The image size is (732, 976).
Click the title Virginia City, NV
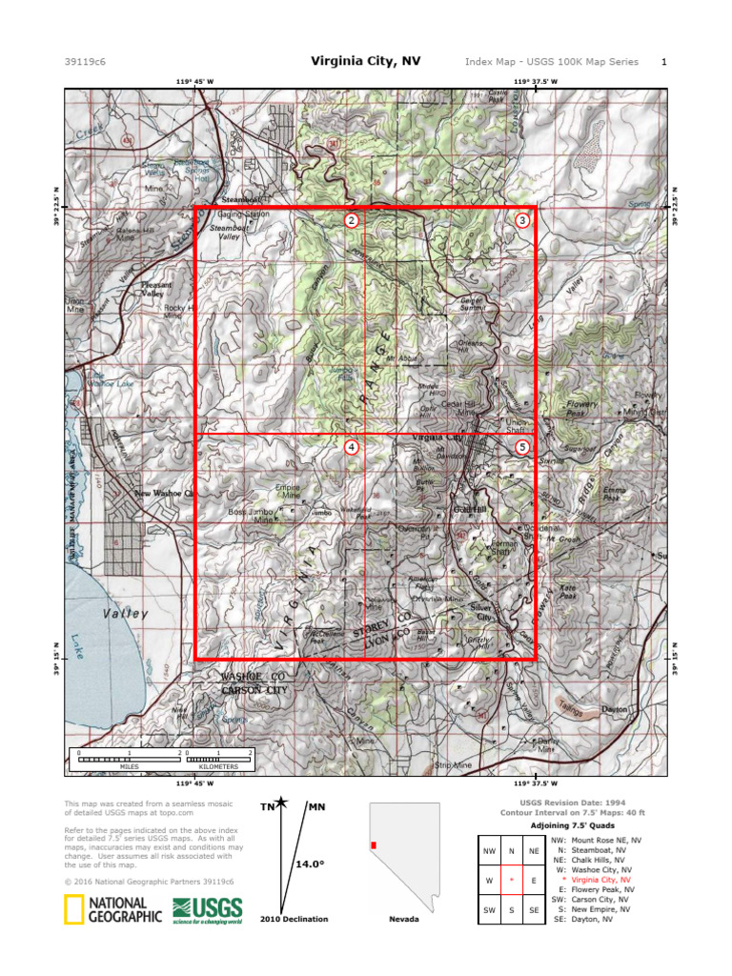pyautogui.click(x=365, y=61)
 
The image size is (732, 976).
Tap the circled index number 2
pyautogui.click(x=352, y=220)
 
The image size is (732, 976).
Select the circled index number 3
pyautogui.click(x=521, y=220)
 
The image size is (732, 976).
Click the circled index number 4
pyautogui.click(x=352, y=446)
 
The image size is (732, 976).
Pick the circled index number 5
pyautogui.click(x=521, y=446)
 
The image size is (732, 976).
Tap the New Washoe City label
pyautogui.click(x=164, y=494)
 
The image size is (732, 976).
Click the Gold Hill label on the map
pyautogui.click(x=471, y=510)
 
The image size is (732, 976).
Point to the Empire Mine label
pyautogui.click(x=287, y=492)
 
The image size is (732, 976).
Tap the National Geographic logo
pyautogui.click(x=112, y=910)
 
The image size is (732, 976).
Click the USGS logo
pyautogui.click(x=207, y=910)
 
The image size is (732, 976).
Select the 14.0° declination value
pyautogui.click(x=310, y=864)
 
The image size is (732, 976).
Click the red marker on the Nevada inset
pyautogui.click(x=375, y=845)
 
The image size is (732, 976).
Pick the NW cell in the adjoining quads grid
pyautogui.click(x=490, y=851)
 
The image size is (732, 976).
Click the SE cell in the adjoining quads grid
pyautogui.click(x=534, y=910)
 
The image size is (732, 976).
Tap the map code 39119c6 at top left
pyautogui.click(x=85, y=62)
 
